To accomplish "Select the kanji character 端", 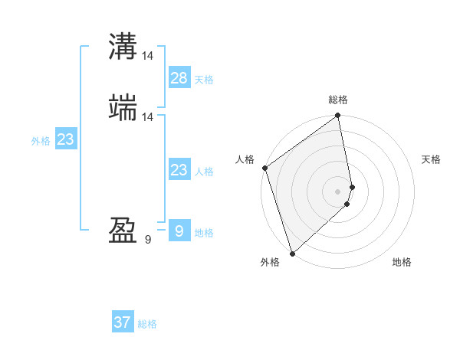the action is pyautogui.click(x=123, y=108).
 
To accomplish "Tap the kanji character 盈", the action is pyautogui.click(x=123, y=231).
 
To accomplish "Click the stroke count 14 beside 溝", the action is pyautogui.click(x=148, y=55).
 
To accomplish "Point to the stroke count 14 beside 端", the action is pyautogui.click(x=148, y=116).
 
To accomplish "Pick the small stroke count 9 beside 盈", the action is pyautogui.click(x=148, y=240).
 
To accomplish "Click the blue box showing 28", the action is pyautogui.click(x=179, y=77).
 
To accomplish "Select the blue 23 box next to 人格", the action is pyautogui.click(x=179, y=170).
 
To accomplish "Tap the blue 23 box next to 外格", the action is pyautogui.click(x=65, y=139).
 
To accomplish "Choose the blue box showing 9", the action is pyautogui.click(x=179, y=231).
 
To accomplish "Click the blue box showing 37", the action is pyautogui.click(x=123, y=322).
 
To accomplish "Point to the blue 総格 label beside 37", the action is pyautogui.click(x=148, y=324).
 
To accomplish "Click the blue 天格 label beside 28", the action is pyautogui.click(x=204, y=80).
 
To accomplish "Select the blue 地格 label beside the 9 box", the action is pyautogui.click(x=204, y=233).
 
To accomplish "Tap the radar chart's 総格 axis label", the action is pyautogui.click(x=338, y=100).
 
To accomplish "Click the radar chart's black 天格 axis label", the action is pyautogui.click(x=431, y=159).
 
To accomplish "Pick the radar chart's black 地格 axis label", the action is pyautogui.click(x=402, y=262).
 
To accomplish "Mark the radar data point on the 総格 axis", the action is pyautogui.click(x=338, y=116).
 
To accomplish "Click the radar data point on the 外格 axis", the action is pyautogui.click(x=291, y=253).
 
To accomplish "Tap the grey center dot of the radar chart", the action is pyautogui.click(x=337, y=191).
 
